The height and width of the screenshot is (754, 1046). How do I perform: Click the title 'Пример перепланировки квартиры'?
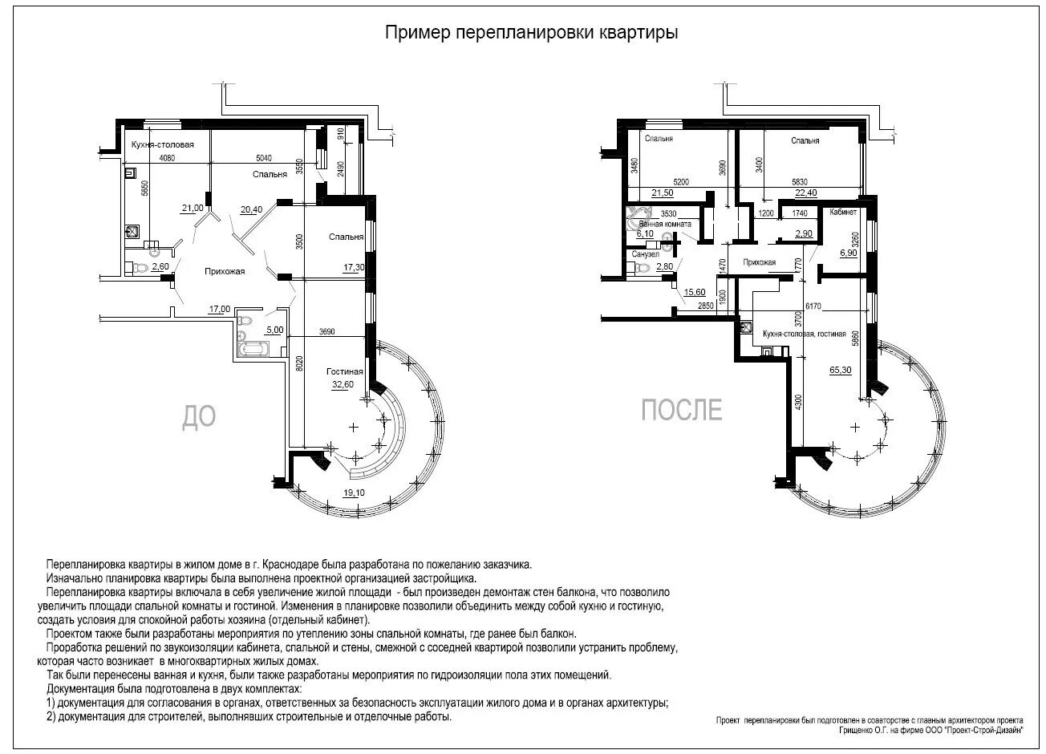[x=531, y=33]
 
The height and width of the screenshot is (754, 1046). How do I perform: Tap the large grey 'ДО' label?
[x=200, y=416]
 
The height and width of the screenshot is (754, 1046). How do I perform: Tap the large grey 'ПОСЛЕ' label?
[x=681, y=410]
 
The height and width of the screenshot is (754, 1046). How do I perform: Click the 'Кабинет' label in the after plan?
[x=843, y=213]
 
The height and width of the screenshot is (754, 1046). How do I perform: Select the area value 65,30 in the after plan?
[x=840, y=370]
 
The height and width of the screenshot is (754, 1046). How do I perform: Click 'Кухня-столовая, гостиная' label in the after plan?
[x=805, y=333]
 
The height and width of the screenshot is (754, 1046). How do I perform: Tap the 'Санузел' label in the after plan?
[x=645, y=253]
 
